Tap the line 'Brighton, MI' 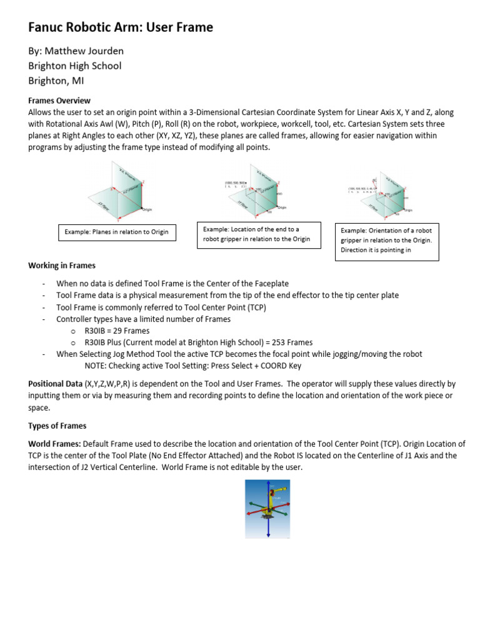click(56, 81)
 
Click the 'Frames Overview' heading click(59, 101)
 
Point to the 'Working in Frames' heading click(62, 266)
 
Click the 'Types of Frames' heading click(57, 426)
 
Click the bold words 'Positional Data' click(55, 384)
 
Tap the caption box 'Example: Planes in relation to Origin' click(117, 232)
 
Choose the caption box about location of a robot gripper click(259, 234)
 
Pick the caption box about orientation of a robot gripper click(387, 241)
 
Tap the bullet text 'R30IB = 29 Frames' click(117, 331)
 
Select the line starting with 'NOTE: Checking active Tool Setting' click(193, 366)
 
